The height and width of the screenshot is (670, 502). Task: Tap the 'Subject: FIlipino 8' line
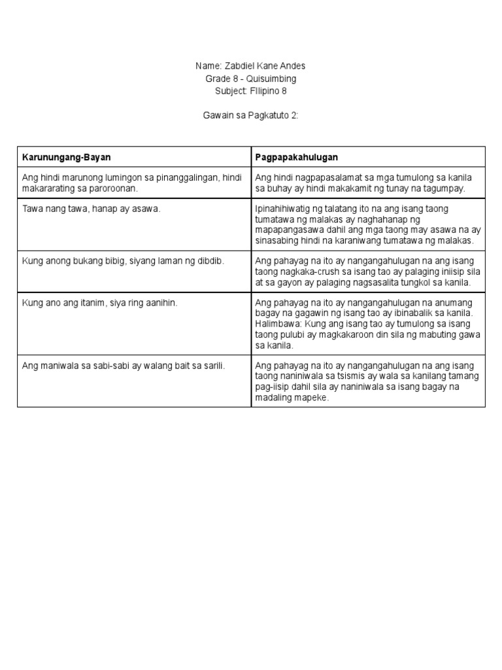[x=250, y=91]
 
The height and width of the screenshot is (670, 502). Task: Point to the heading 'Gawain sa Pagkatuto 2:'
[x=250, y=116]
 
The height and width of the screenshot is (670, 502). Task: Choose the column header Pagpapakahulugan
[x=296, y=158]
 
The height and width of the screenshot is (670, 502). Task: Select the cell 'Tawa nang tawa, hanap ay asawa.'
[x=92, y=209]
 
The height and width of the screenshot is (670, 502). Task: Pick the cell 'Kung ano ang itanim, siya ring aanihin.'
[x=100, y=303]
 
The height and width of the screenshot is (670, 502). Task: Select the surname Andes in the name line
[x=292, y=66]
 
